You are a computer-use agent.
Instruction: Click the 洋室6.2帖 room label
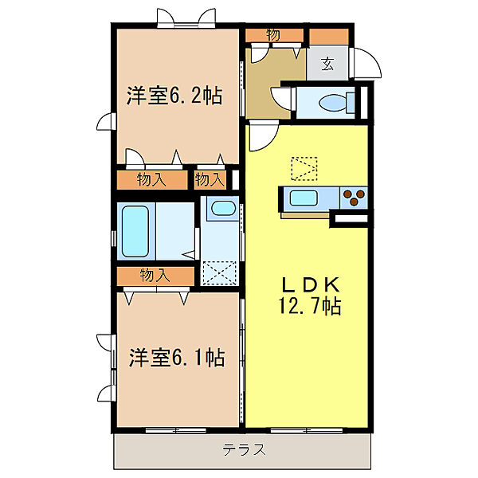point(174,97)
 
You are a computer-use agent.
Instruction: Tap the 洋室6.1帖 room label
point(177,357)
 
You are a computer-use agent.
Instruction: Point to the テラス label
point(243,450)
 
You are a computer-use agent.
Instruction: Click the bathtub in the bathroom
point(135,232)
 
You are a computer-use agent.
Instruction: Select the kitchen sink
point(304,198)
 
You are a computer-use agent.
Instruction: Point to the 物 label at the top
point(273,35)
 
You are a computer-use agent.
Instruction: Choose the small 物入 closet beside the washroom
point(211,180)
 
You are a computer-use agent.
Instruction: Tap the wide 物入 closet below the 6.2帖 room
point(152,180)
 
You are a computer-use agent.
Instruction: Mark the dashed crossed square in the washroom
point(220,272)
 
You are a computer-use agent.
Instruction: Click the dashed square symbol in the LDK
point(304,168)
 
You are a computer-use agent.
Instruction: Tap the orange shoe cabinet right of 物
point(328,36)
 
